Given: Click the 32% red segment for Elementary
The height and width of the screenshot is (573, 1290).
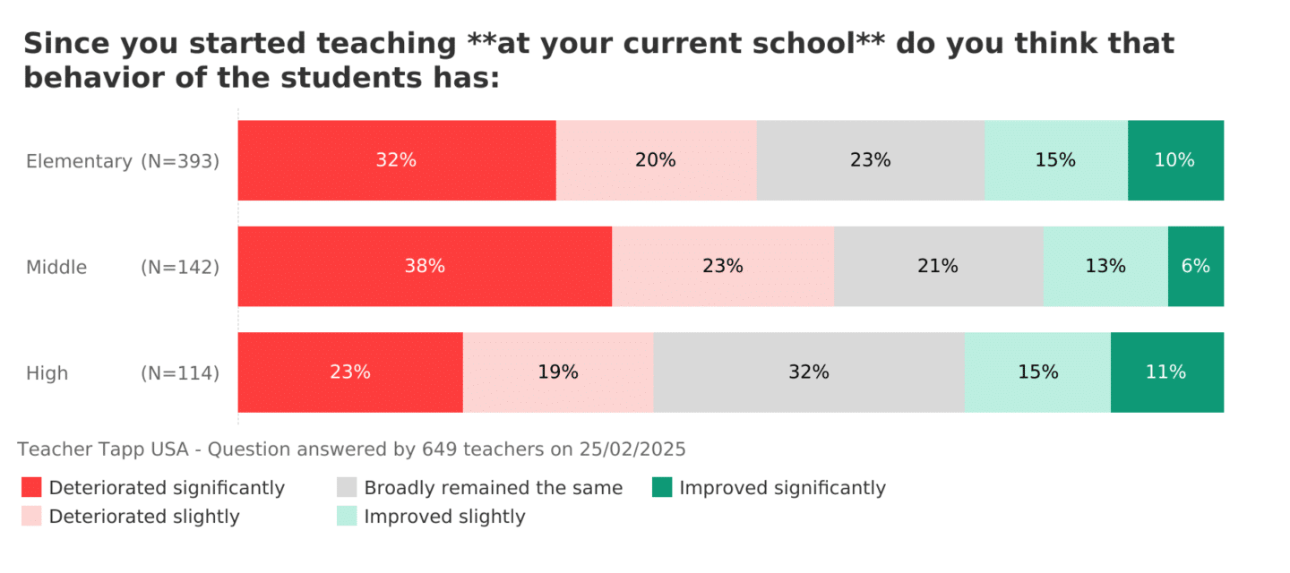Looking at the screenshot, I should [x=397, y=160].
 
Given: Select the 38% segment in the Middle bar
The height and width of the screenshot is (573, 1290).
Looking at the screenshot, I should [x=425, y=266].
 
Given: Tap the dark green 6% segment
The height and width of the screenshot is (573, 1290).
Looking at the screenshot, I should [x=1196, y=266].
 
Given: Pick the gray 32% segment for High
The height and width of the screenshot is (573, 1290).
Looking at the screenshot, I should [x=809, y=372].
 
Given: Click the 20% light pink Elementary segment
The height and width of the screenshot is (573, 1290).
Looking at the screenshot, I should [x=656, y=160].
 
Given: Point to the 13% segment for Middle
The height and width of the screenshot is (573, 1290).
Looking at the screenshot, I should [x=1105, y=266].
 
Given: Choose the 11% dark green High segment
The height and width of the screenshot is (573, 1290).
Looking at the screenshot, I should [x=1166, y=372].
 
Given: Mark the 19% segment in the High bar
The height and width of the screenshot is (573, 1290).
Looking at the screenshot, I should [x=558, y=372].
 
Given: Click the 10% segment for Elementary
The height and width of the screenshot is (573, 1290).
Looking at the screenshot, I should [x=1175, y=160].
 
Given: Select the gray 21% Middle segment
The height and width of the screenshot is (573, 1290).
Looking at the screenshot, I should [x=938, y=266].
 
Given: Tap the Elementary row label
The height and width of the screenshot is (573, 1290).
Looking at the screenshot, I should [x=79, y=161].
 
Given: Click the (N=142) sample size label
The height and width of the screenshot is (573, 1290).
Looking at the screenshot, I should [x=180, y=267].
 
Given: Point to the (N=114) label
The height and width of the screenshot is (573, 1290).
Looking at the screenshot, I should [x=180, y=373].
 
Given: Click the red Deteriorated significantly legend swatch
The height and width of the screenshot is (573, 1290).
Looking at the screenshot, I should [x=31, y=487].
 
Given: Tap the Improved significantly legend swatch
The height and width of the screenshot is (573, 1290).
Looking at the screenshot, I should [x=662, y=487].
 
